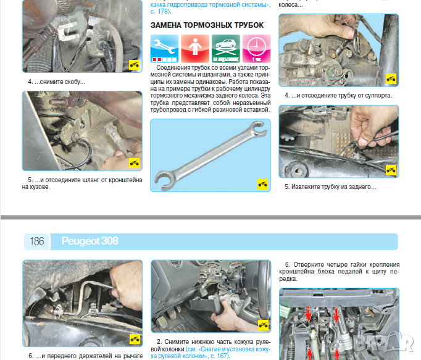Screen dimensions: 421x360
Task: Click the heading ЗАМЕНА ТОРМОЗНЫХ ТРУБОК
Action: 207,25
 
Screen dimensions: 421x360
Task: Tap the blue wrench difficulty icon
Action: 164,49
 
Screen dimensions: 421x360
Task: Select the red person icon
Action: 195,49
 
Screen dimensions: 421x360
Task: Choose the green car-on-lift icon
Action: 226,49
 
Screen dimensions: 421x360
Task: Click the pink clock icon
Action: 256,49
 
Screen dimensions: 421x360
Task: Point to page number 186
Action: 37,241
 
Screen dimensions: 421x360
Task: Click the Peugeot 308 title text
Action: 90,241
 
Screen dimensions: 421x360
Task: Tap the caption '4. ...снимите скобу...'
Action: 56,82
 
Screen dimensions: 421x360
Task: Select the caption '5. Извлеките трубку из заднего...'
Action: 330,186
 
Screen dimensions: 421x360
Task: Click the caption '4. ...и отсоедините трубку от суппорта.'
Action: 338,95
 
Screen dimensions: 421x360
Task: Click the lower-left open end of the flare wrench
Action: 162,180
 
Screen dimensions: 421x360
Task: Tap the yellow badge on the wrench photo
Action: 262,184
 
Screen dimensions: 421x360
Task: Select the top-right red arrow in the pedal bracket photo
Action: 336,315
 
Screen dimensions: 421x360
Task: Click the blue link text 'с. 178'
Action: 160,12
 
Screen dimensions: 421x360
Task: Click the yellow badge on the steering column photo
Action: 263,325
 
